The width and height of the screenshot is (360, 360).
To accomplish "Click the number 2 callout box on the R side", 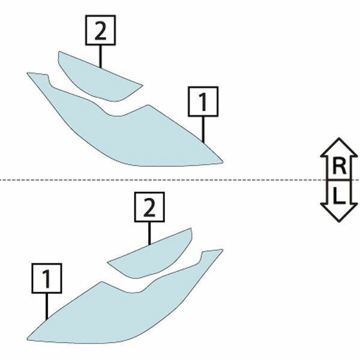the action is pyautogui.click(x=100, y=30).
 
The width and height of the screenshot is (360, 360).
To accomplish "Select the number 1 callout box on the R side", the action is pyautogui.click(x=203, y=101).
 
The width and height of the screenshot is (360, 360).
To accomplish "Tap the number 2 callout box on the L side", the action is pyautogui.click(x=149, y=207).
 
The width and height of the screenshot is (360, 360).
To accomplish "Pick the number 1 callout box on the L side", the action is pyautogui.click(x=47, y=278).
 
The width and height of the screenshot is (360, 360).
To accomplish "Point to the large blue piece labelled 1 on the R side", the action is pyautogui.click(x=128, y=133).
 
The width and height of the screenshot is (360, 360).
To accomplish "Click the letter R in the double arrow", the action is pyautogui.click(x=339, y=166).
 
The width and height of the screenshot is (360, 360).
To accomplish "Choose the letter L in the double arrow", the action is pyautogui.click(x=339, y=196).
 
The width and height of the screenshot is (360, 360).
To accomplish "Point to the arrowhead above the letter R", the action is pyautogui.click(x=339, y=148).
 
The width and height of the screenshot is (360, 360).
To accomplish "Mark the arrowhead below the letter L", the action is pyautogui.click(x=339, y=212).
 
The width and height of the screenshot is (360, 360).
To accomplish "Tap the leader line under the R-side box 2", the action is pyautogui.click(x=100, y=56).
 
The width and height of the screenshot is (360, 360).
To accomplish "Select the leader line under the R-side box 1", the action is pyautogui.click(x=203, y=130).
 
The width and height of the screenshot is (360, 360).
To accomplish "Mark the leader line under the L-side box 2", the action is pyautogui.click(x=149, y=233).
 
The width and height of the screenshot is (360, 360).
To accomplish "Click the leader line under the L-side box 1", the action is pyautogui.click(x=47, y=307).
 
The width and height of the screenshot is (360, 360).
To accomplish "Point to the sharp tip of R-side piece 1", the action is pyautogui.click(x=223, y=162).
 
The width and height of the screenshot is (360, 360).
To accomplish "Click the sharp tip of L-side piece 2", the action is pyautogui.click(x=107, y=262).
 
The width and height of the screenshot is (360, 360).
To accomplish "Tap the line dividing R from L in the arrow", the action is pyautogui.click(x=339, y=180).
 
